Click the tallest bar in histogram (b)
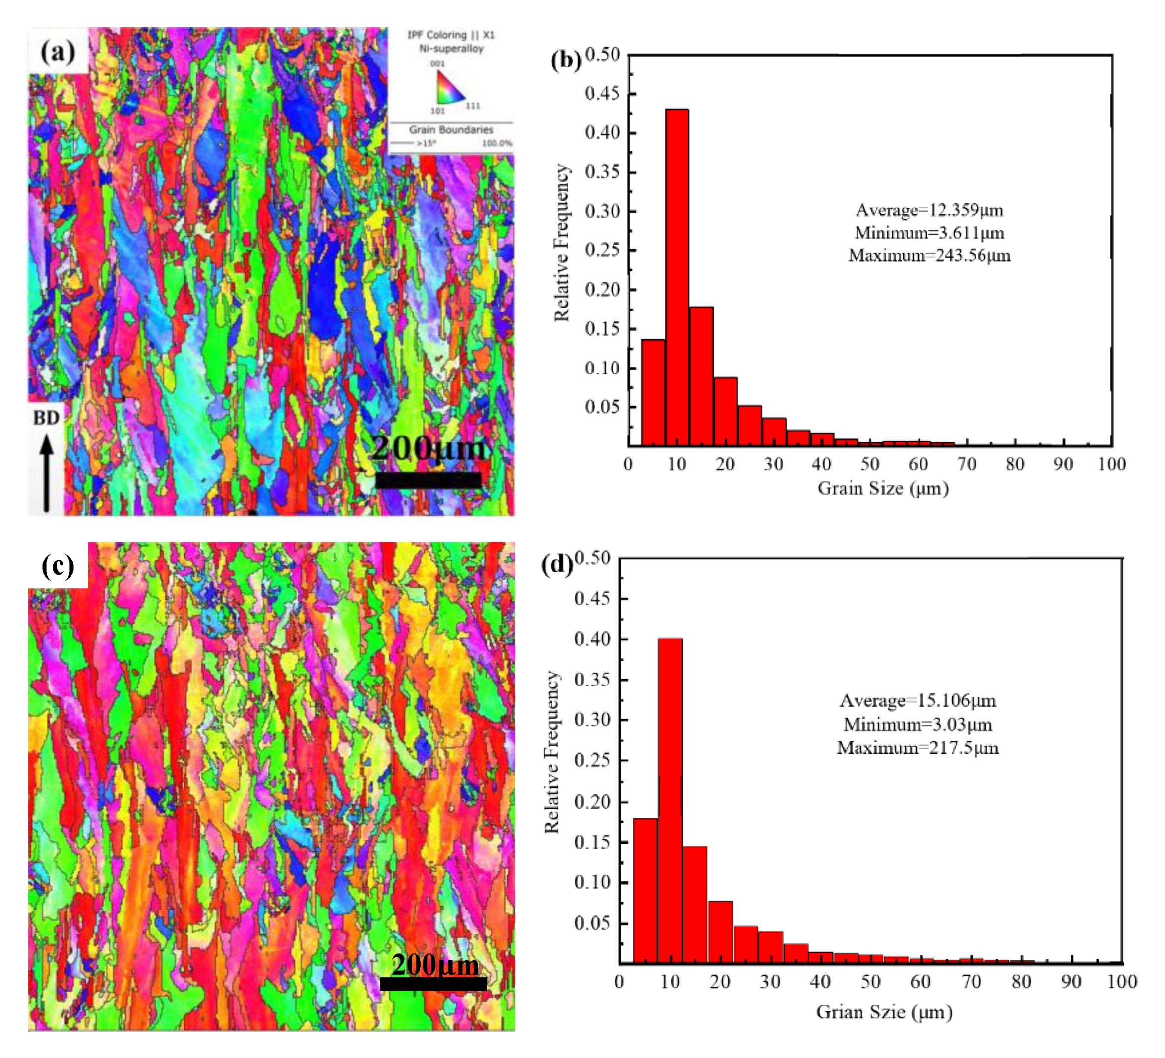tap(676, 277)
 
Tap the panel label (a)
tap(58, 52)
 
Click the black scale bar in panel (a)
tap(428, 480)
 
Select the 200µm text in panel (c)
tap(434, 964)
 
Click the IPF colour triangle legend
tap(450, 88)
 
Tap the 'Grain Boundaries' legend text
tap(451, 130)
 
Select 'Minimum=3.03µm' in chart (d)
tap(918, 724)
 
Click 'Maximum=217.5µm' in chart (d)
tap(918, 747)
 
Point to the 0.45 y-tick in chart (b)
tap(602, 93)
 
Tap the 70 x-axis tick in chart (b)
tap(966, 464)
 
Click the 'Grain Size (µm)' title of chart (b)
tap(883, 488)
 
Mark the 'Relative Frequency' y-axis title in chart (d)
tap(552, 752)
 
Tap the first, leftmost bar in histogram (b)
tap(653, 393)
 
